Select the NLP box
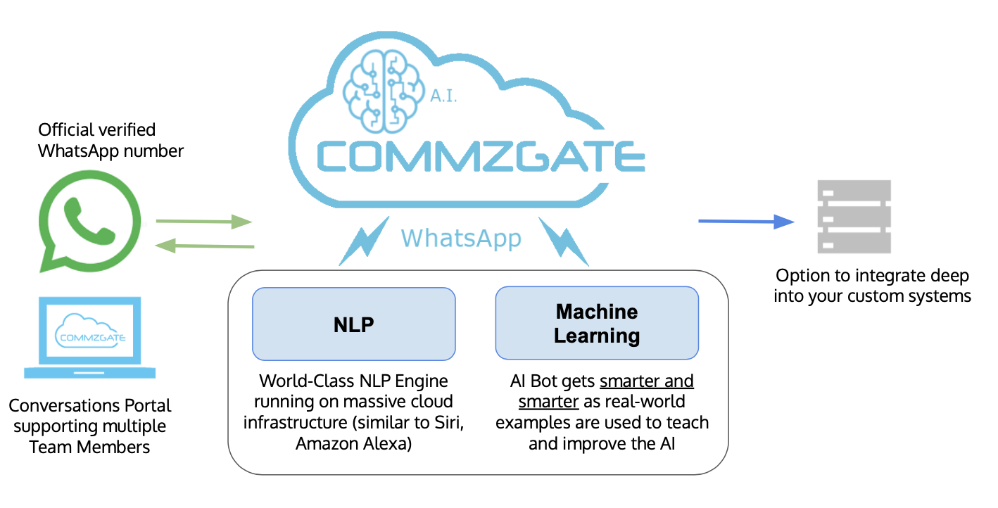[x=353, y=324]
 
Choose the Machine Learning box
[x=597, y=324]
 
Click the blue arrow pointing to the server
[x=745, y=222]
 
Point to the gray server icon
[x=854, y=217]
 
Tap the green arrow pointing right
[x=203, y=222]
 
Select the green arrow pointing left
[x=203, y=246]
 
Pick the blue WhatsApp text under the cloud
[x=461, y=238]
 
